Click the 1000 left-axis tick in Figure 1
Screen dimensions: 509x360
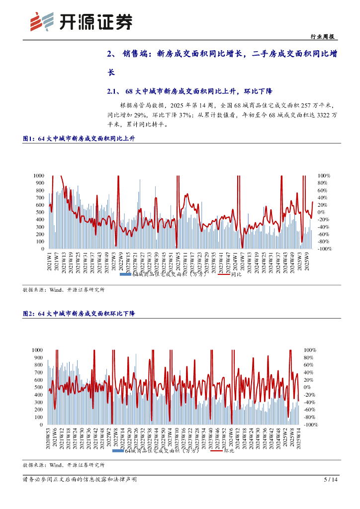point(39,175)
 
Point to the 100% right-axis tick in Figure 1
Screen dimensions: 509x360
point(324,175)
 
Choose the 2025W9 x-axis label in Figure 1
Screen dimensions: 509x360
point(308,261)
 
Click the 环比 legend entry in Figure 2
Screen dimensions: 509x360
point(229,451)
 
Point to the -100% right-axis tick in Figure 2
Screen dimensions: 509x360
point(311,425)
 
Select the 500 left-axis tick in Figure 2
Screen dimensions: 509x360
point(38,387)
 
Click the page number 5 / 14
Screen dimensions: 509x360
point(331,480)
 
